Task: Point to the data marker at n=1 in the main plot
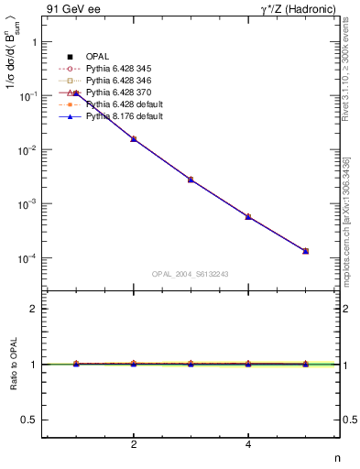coord(76,93)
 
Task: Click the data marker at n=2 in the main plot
coord(134,139)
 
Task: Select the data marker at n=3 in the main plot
coord(191,180)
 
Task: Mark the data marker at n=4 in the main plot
coord(248,217)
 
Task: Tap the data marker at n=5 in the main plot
coord(305,251)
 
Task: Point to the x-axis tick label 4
coord(248,445)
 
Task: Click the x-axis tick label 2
coord(134,445)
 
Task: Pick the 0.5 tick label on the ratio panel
coord(30,420)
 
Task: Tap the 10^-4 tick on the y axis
coord(27,258)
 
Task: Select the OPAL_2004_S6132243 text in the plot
coord(191,274)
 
